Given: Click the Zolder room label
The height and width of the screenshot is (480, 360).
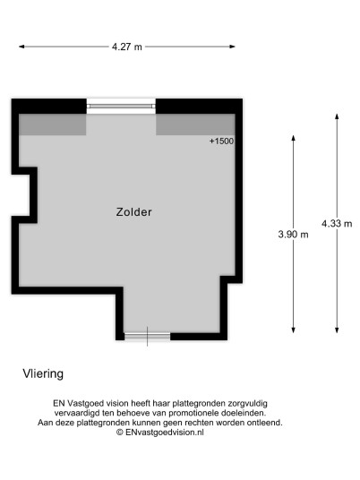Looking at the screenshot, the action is coord(133,212).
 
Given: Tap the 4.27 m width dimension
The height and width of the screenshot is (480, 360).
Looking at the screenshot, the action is coord(127,47).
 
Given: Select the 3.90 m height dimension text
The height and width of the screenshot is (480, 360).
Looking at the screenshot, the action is coord(293,235).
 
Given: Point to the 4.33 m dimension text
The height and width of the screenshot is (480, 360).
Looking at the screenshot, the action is coord(337,224).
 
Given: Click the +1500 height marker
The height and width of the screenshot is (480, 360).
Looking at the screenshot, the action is coord(221,141).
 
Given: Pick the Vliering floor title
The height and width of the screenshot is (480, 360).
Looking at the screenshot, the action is coord(43,374).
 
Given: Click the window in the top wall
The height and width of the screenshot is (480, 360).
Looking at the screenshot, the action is coord(121,107).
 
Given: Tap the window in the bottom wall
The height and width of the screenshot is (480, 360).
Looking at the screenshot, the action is coord(147,337).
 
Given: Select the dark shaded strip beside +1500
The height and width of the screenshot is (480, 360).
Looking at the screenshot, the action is coord(195,124).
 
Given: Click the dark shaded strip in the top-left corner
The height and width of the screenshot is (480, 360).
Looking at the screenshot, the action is coord(52,124).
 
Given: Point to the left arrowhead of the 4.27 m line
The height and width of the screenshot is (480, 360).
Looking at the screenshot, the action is coord(21,47).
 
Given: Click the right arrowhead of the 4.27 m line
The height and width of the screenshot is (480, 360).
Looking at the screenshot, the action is coord(232,47).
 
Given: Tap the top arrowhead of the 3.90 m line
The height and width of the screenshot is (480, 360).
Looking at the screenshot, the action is coord(293,138).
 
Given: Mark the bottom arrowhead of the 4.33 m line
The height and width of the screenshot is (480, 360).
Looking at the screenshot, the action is coord(337,330).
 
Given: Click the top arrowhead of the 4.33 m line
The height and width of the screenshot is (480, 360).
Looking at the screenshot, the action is coord(337,117).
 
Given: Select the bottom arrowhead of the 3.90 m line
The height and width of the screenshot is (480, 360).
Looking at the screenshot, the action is coord(293,330).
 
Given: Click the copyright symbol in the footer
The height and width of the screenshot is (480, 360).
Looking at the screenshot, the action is coord(120,433).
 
